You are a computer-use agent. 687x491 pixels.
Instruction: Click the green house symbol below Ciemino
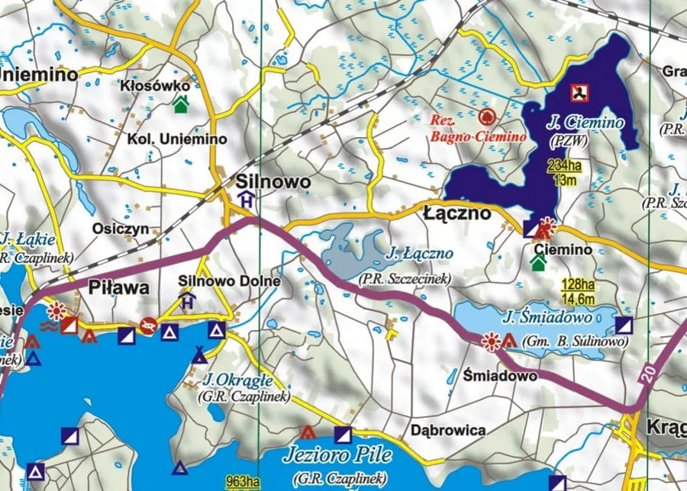539,263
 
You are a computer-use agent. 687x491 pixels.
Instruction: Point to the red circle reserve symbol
486,117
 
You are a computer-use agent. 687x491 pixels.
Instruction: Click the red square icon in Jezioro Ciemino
582,93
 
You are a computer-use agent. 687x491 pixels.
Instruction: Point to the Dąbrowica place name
447,430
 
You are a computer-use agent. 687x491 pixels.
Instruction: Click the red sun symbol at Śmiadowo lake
492,341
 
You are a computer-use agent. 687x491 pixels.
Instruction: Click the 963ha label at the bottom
244,481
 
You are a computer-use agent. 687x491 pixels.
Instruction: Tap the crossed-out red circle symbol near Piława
148,326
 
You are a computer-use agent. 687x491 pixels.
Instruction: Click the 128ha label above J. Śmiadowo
578,284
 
